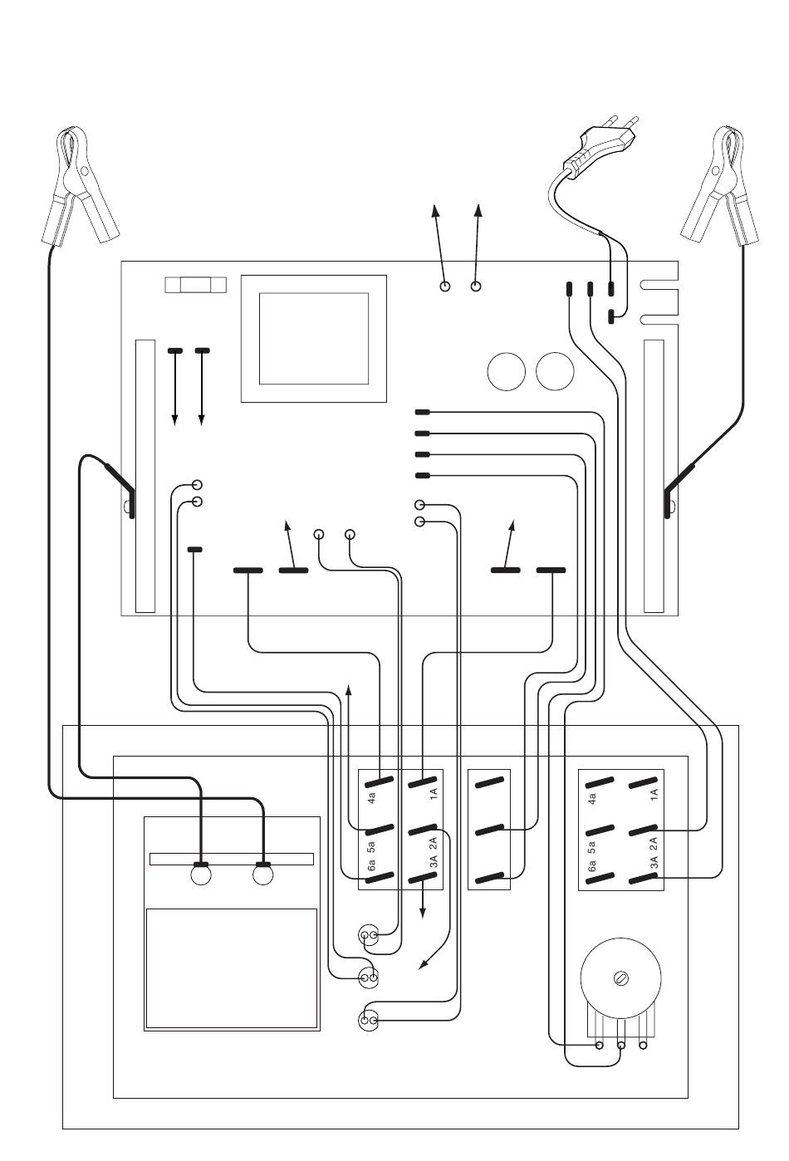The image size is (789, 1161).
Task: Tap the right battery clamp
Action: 721,187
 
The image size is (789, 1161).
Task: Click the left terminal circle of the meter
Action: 201,875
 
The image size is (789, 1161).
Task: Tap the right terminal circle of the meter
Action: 263,875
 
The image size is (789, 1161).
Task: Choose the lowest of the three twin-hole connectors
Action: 369,1020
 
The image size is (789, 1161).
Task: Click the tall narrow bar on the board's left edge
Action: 145,476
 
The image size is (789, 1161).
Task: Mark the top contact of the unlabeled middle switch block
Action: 490,781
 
